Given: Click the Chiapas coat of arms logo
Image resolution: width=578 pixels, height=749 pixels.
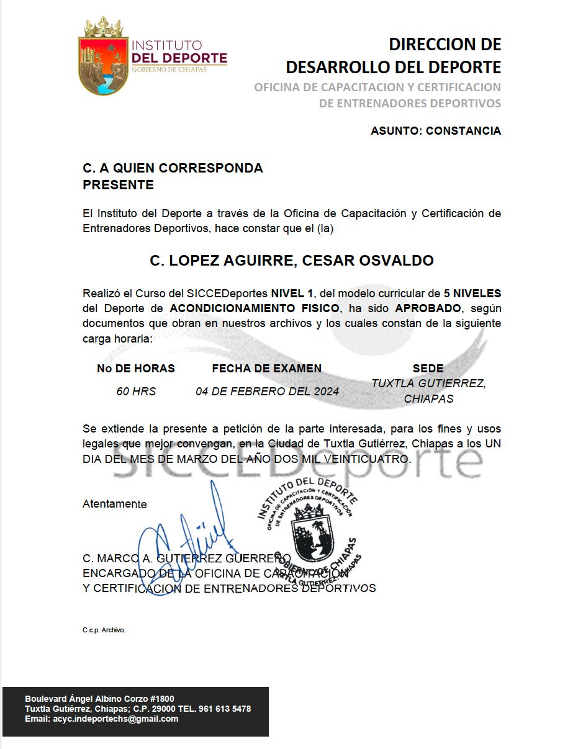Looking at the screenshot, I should [103, 56].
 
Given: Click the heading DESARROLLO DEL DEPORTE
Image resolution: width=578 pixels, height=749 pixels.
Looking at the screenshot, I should [393, 66].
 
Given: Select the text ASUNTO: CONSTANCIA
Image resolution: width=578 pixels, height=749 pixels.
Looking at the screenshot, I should [435, 131].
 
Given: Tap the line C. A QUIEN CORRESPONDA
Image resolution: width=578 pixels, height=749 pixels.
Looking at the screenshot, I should [173, 168].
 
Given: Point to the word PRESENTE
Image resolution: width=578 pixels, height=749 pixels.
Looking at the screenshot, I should [118, 185].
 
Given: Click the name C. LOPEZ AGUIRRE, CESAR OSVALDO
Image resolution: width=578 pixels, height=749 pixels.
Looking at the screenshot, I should [292, 260].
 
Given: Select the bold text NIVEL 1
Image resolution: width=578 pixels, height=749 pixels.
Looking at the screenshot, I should [292, 293].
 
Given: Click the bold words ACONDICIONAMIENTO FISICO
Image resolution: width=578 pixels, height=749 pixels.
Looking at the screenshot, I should [253, 308].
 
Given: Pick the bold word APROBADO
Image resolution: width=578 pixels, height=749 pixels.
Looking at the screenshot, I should [428, 308].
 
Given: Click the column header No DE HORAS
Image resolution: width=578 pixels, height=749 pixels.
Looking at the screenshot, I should [136, 369].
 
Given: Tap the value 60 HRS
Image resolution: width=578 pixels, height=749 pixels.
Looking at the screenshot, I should [136, 392].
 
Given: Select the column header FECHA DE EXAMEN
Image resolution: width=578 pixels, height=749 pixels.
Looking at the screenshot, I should [267, 369].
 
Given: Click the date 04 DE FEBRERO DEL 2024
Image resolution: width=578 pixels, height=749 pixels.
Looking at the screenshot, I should [267, 392].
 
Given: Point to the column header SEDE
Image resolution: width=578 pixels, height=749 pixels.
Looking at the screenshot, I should [428, 369].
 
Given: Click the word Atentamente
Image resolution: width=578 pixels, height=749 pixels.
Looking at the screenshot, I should [115, 505].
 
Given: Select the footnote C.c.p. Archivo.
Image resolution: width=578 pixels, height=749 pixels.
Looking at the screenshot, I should [104, 630].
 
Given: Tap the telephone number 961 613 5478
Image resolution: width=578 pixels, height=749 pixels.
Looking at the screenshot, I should [225, 709].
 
